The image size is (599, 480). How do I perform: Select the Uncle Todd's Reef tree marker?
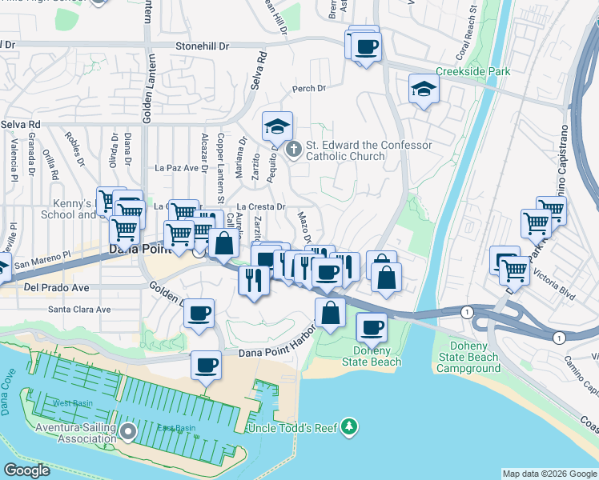(x=349, y=428)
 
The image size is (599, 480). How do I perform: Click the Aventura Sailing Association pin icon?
(x=129, y=431)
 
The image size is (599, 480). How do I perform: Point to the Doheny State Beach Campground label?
(x=468, y=358)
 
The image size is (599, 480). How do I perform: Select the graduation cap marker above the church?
(x=277, y=126)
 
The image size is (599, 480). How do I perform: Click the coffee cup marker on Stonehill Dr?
(x=367, y=46)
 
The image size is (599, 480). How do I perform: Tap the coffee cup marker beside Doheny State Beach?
(x=372, y=326)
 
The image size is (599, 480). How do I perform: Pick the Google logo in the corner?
(x=27, y=470)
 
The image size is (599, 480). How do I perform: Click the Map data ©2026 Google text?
(x=549, y=474)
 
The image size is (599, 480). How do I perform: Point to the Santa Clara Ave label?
(x=79, y=309)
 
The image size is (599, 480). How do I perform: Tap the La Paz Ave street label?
(x=176, y=168)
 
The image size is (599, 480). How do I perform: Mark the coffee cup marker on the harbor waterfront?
(x=206, y=366)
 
